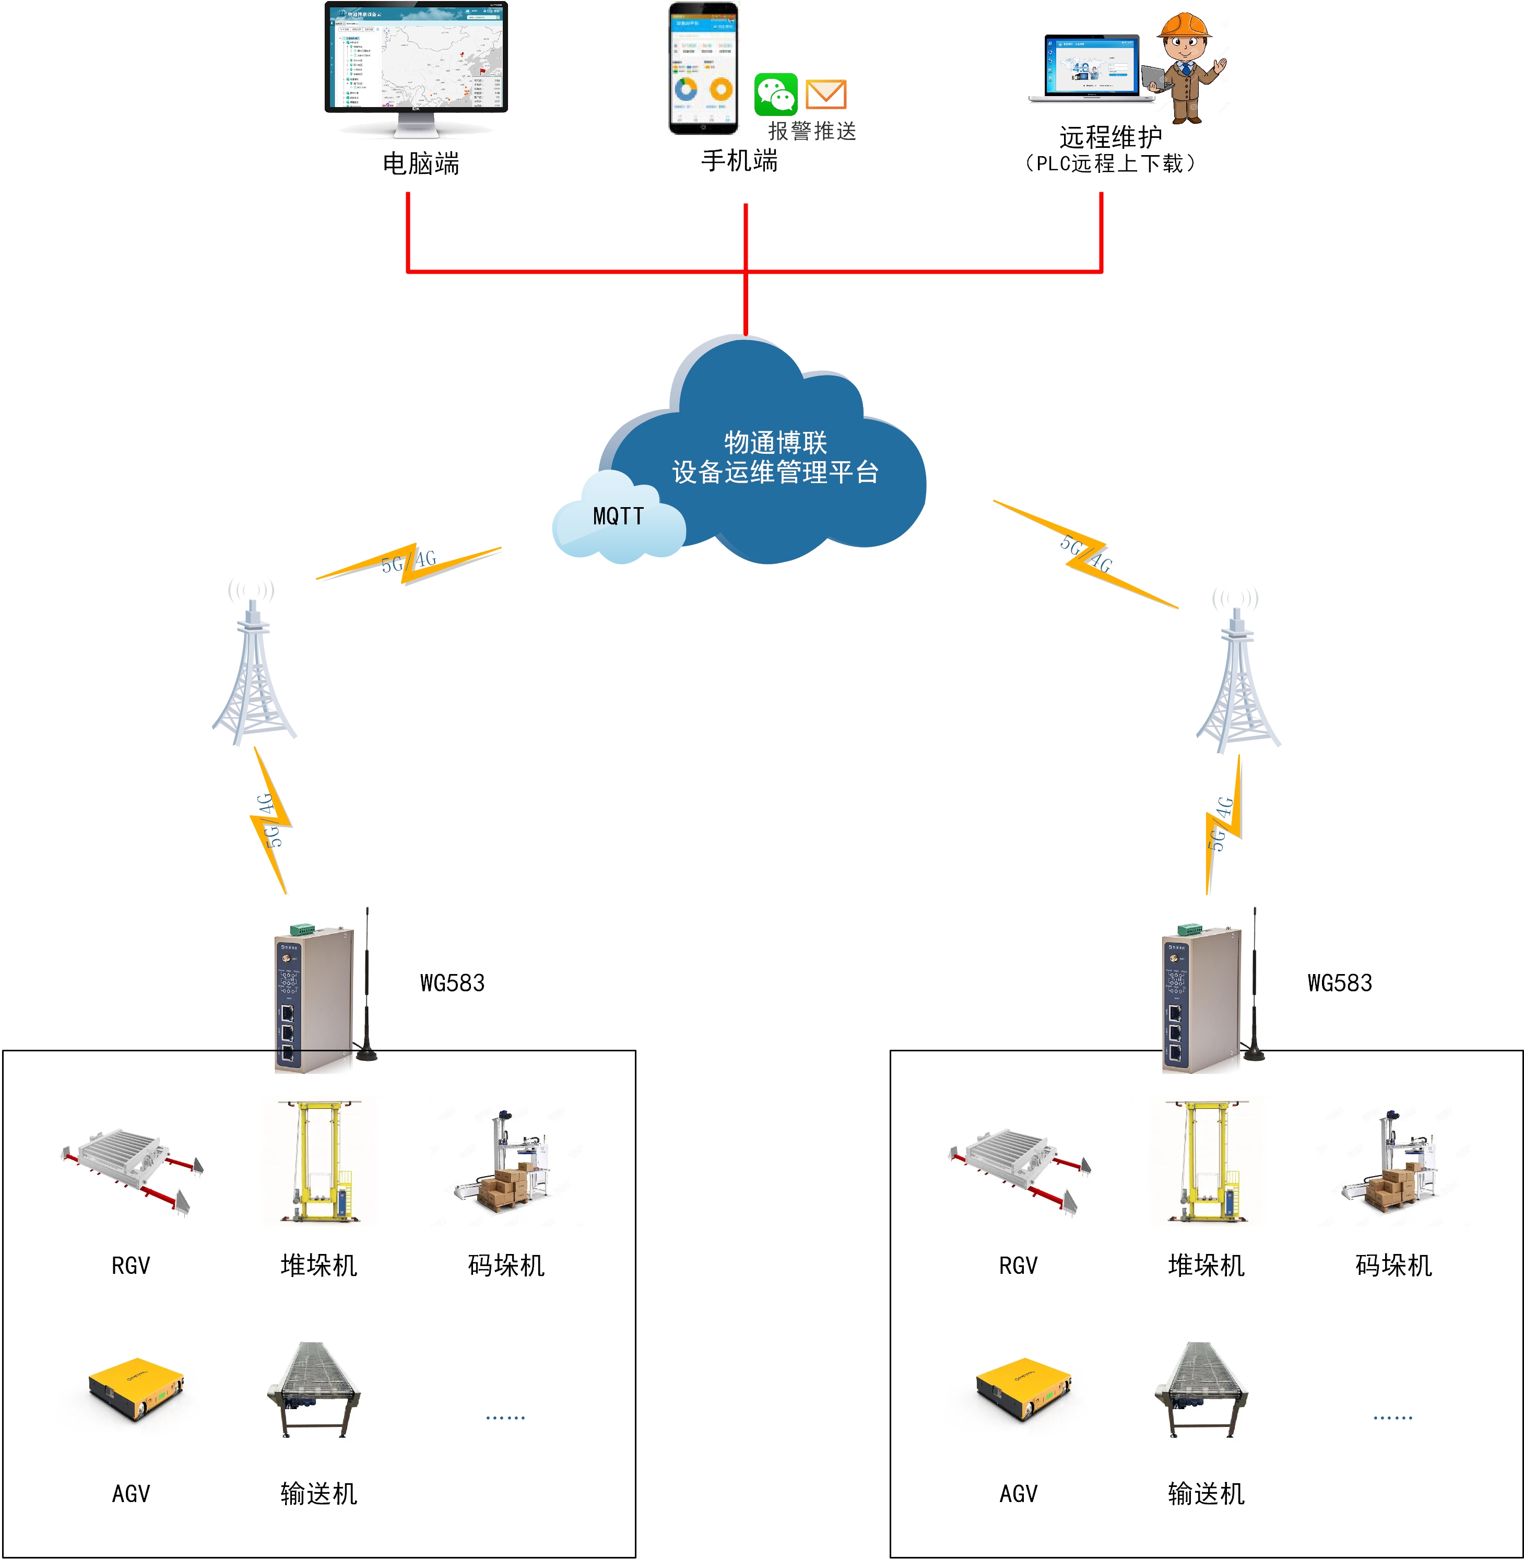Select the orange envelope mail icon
(825, 93)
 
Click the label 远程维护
(1109, 137)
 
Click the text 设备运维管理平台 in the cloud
(775, 473)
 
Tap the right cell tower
(1237, 673)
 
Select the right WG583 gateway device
(1201, 997)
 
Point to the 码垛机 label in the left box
(506, 1265)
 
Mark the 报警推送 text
(812, 131)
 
